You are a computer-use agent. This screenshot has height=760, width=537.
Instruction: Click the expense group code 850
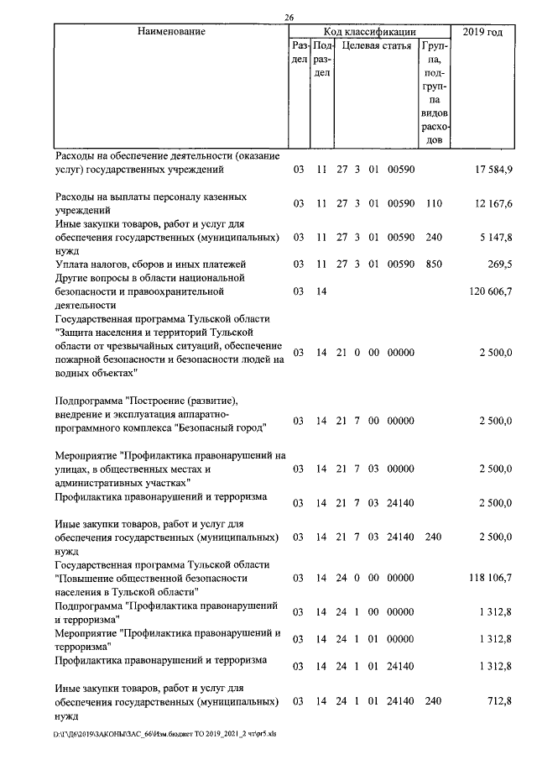pyautogui.click(x=433, y=265)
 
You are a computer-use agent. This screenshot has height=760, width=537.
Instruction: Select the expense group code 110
pyautogui.click(x=433, y=204)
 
